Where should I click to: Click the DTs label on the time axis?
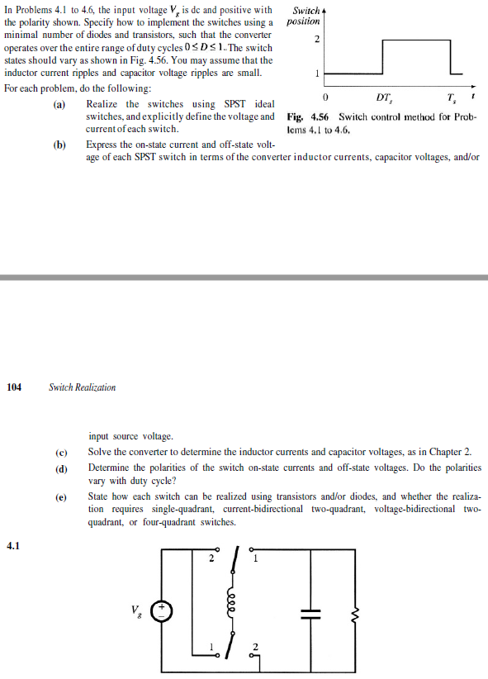383,98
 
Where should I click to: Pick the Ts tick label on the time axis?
449,98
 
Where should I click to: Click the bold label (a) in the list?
60,104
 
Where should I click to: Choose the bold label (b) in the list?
60,144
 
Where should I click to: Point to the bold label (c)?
60,452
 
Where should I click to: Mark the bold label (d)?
60,468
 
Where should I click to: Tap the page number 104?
16,387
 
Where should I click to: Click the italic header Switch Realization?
83,387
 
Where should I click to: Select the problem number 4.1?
13,544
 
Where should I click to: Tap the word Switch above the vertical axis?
306,10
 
